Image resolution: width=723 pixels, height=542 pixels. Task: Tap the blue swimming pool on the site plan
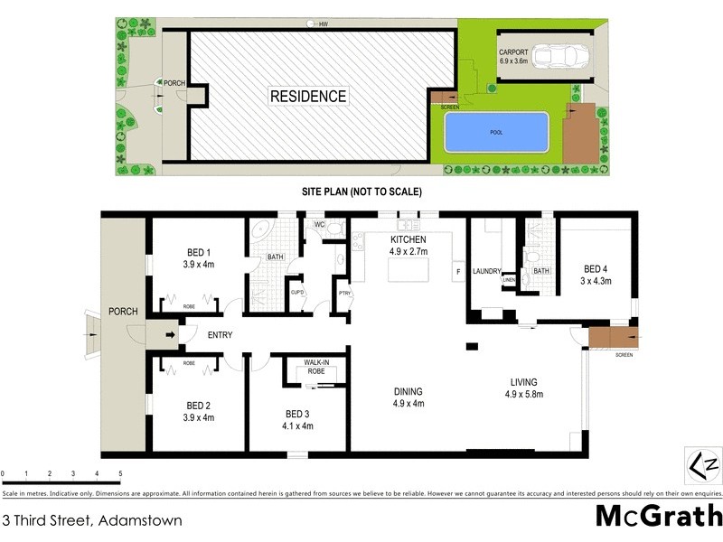[496, 132]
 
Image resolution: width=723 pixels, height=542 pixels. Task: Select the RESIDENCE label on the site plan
[307, 96]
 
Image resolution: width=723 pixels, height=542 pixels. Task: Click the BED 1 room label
[198, 258]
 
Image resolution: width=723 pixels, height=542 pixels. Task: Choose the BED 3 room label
[298, 420]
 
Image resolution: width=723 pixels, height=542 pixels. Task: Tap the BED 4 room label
[596, 275]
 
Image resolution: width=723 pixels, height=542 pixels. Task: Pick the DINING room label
[408, 397]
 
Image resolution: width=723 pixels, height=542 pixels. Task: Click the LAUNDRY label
[486, 271]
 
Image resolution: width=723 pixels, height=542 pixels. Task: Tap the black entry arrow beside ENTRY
[171, 335]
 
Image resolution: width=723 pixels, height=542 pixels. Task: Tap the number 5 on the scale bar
[120, 474]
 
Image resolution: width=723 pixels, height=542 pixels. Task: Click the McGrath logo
[659, 516]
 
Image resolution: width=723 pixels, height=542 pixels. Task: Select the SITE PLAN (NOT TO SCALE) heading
[361, 192]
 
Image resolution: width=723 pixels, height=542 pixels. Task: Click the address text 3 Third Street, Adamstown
[92, 520]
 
